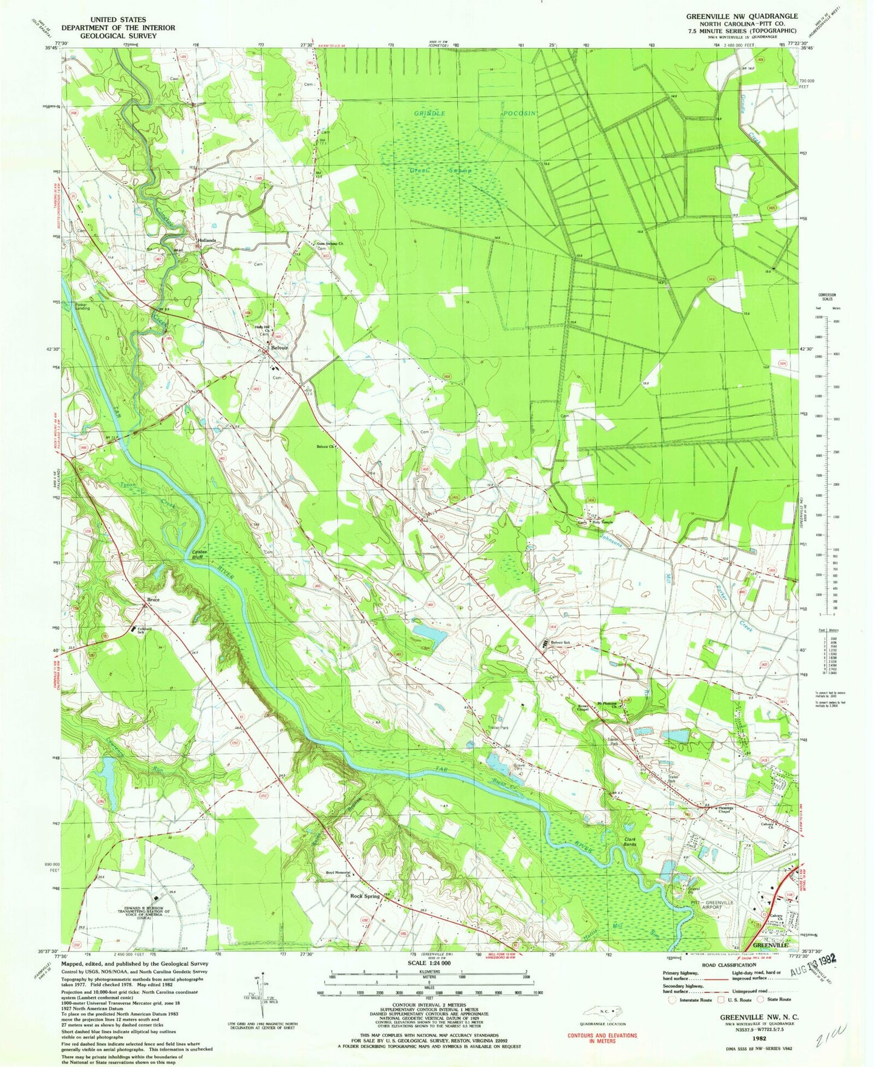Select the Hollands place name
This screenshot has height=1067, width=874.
tap(207, 240)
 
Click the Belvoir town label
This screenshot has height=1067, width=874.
tap(279, 348)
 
